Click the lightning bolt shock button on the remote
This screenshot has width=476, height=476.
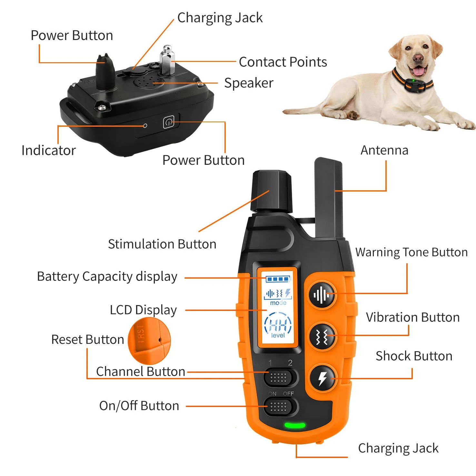322,378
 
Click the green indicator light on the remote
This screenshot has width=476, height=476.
294,425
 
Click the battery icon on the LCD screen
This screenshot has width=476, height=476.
278,279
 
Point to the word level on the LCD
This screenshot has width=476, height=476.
278,335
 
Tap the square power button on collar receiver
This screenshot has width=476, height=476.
169,122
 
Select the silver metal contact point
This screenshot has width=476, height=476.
167,61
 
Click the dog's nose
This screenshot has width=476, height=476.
418,58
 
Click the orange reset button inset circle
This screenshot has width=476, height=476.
149,340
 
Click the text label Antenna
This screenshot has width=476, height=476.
384,150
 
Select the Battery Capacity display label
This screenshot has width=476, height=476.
107,277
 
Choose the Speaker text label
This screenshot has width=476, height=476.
249,83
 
